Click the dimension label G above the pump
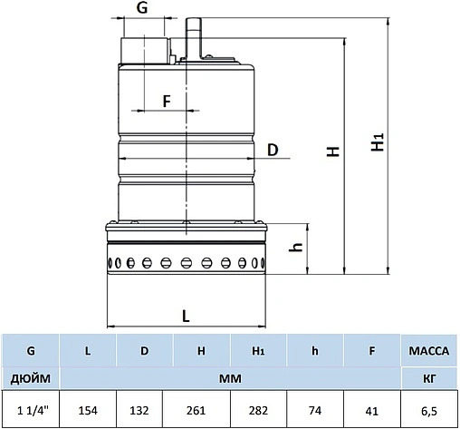click(x=141, y=8)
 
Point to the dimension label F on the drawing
click(x=167, y=101)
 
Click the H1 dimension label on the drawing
click(x=380, y=143)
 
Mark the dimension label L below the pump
click(x=186, y=316)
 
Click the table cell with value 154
click(x=88, y=409)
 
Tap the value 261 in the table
click(x=201, y=409)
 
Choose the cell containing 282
click(x=258, y=409)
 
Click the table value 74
click(x=314, y=409)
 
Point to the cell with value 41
click(x=371, y=409)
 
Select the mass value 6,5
click(x=429, y=409)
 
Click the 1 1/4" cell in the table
click(x=31, y=409)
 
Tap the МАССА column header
click(x=429, y=348)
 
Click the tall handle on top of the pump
click(x=191, y=36)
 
